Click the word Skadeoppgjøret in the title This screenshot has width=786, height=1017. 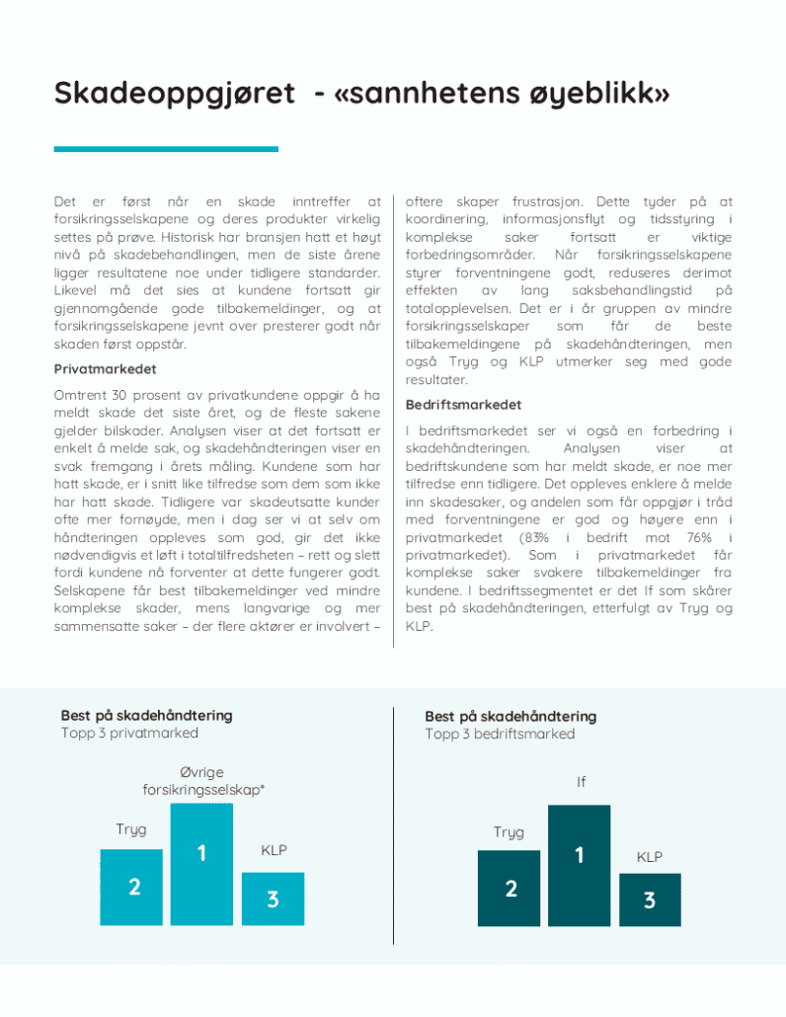click(174, 94)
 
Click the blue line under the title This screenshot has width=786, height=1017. click(166, 149)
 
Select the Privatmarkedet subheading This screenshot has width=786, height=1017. click(105, 369)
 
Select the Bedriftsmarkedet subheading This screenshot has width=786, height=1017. click(463, 405)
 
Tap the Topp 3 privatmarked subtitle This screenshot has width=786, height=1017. click(129, 733)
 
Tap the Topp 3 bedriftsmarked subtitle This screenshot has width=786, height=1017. click(500, 734)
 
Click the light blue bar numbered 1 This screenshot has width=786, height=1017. click(201, 863)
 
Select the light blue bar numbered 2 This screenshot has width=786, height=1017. click(133, 886)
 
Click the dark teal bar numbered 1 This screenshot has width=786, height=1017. click(579, 865)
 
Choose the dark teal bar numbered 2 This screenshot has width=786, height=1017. click(510, 887)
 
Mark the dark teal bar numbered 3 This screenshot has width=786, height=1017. click(649, 899)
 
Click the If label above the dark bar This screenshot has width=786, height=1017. click(581, 782)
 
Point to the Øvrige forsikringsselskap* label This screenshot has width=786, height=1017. click(202, 779)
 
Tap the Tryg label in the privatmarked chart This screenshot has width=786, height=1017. click(131, 829)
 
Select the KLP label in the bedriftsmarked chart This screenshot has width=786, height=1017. click(650, 857)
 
